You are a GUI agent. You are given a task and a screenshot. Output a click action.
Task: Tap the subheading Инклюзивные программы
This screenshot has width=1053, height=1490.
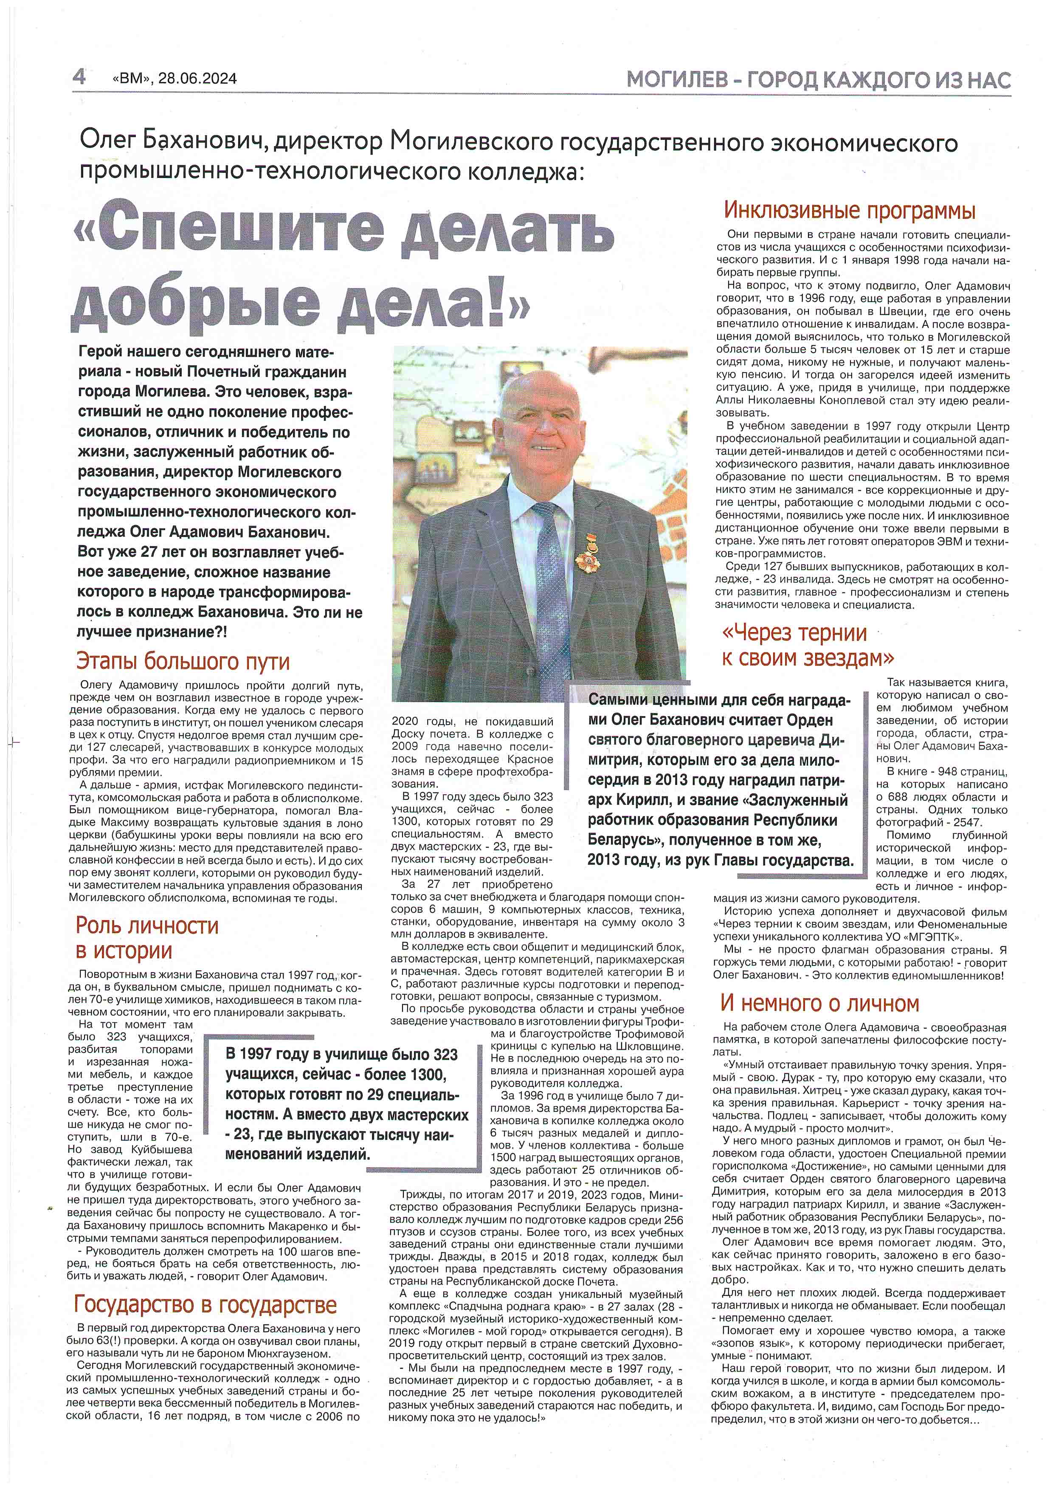849,211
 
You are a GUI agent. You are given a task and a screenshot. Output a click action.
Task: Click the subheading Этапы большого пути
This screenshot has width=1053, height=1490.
183,661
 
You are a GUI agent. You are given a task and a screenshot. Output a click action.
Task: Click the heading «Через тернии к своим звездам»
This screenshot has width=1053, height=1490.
807,645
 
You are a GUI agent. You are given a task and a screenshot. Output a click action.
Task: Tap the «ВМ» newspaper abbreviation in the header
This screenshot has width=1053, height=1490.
132,79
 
